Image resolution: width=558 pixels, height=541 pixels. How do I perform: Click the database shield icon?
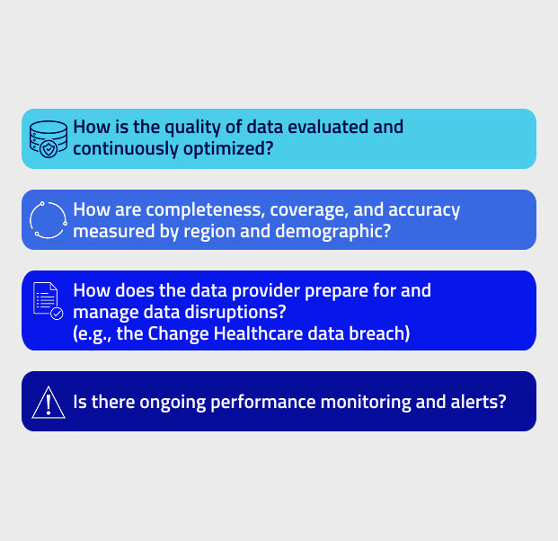49,139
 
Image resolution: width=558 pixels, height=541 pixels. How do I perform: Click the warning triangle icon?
49,403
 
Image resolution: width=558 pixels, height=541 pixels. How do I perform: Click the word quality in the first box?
192,128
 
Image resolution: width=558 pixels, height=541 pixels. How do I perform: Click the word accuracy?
424,210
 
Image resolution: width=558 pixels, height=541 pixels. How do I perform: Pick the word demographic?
333,232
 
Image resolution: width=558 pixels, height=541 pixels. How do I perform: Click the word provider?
266,291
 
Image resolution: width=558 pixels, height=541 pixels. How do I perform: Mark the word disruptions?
235,313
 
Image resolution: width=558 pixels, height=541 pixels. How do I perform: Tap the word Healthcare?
259,333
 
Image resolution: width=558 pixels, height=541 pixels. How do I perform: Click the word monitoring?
366,403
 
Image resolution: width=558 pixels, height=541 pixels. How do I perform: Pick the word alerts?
478,403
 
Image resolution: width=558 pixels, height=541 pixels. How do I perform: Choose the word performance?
263,403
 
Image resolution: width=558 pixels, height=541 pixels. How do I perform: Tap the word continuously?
126,149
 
